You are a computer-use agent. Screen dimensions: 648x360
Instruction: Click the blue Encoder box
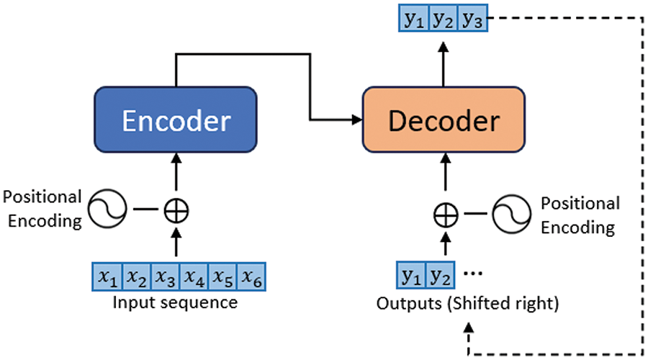tap(176, 120)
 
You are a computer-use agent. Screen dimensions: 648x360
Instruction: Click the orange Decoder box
tap(444, 120)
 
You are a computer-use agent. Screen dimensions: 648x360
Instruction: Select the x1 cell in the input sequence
tap(107, 276)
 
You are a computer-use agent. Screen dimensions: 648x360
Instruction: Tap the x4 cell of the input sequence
tap(194, 276)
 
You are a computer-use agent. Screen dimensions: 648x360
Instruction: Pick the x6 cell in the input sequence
tap(251, 276)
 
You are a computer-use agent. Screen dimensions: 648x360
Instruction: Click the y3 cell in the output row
tap(472, 18)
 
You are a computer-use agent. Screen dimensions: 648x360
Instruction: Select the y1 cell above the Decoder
tap(414, 18)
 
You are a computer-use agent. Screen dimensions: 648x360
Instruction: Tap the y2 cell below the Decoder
tap(440, 275)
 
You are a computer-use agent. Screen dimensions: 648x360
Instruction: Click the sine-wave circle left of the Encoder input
tap(107, 209)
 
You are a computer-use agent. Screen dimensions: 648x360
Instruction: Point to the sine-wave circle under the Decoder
tap(512, 214)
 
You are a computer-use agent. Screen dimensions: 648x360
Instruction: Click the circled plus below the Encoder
tap(176, 211)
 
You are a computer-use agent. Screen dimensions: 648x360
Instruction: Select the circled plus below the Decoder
tap(446, 215)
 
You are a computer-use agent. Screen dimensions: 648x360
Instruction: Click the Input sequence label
tap(175, 302)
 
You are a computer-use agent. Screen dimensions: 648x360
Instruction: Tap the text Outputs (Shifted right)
tap(467, 304)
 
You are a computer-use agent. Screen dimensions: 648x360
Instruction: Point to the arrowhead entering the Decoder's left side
tap(357, 120)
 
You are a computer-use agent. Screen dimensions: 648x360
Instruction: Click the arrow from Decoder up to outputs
tap(444, 64)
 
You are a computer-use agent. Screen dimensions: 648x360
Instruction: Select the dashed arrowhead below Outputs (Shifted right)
tap(468, 328)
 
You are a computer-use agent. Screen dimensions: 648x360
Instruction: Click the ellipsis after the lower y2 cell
tap(473, 273)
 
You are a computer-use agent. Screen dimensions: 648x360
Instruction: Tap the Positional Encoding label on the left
tap(42, 209)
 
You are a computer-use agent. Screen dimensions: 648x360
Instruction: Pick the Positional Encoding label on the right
tap(580, 215)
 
